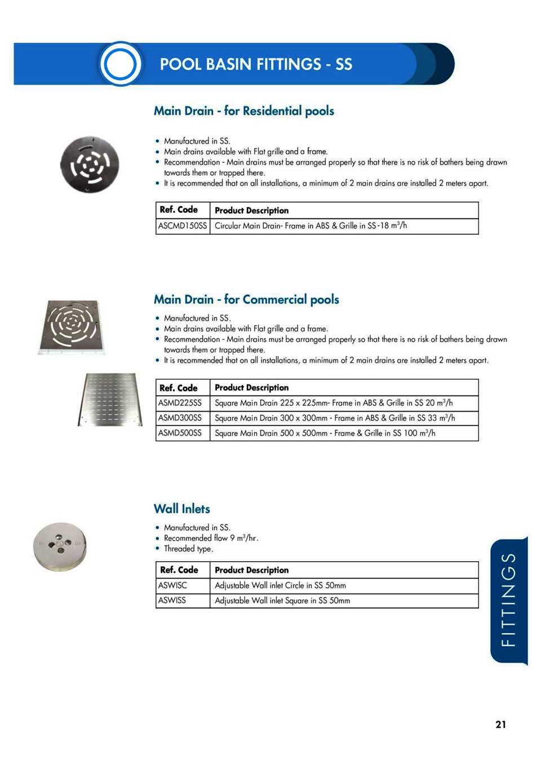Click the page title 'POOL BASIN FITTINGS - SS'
click(256, 64)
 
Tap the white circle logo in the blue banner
click(120, 64)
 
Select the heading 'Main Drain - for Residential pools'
click(243, 111)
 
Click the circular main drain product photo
click(90, 164)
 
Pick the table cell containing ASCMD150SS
click(183, 226)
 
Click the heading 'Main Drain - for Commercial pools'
click(246, 299)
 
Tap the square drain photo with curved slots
click(72, 327)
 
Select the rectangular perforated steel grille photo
click(110, 399)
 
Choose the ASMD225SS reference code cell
click(180, 403)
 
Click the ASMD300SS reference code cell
click(180, 418)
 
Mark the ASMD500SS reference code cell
click(180, 433)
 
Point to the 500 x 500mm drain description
click(325, 433)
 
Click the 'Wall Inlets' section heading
click(181, 509)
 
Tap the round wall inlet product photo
click(60, 546)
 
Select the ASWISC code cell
click(173, 585)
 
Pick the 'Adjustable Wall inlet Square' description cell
click(282, 601)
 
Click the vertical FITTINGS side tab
click(508, 599)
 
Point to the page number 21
click(500, 724)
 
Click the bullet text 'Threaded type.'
click(188, 549)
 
